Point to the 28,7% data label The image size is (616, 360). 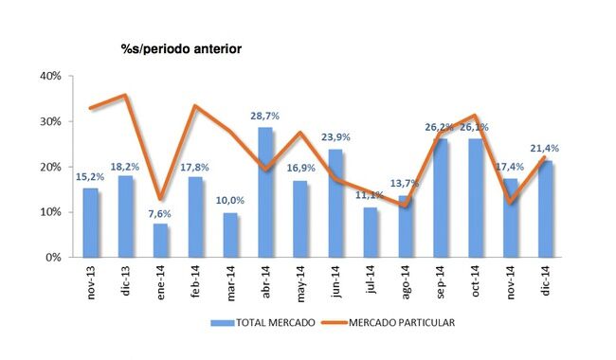pos(265,116)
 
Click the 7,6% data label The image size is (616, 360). pos(160,212)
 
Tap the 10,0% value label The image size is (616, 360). pos(231,201)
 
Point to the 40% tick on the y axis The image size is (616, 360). pos(48,76)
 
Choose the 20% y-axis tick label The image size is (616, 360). pos(48,167)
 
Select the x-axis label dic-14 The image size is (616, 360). pos(547,279)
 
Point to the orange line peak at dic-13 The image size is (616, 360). pos(125,95)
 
